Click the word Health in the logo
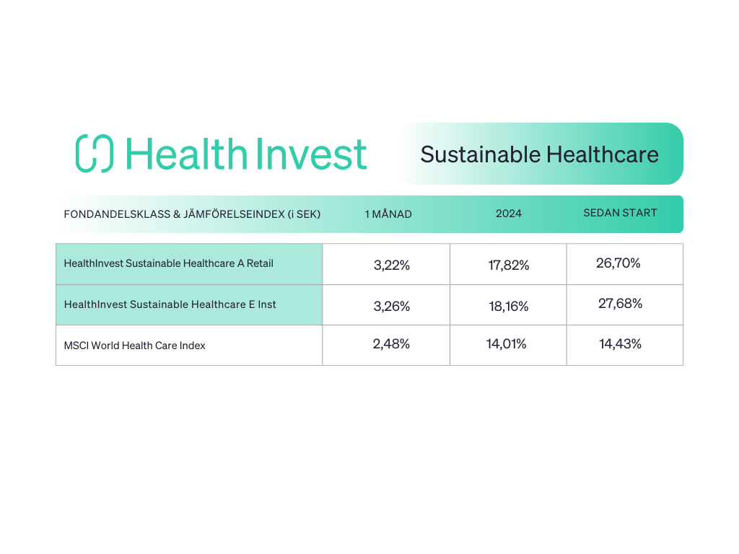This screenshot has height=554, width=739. tap(186, 154)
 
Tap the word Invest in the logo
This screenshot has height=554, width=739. tap(311, 154)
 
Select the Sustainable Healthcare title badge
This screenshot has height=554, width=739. tap(541, 154)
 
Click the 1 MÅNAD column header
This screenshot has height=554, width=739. tap(388, 214)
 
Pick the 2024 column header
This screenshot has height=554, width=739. tap(509, 214)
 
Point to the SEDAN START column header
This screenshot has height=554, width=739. tap(620, 213)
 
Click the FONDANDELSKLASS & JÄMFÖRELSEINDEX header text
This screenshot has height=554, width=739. tap(192, 214)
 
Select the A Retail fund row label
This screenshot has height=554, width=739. tap(169, 263)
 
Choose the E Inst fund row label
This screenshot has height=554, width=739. tap(170, 304)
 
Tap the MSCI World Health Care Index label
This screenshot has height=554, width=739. tap(135, 346)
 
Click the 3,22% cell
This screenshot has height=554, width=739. tap(392, 265)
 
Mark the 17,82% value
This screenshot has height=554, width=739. tap(509, 265)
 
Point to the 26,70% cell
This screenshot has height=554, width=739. tap(618, 263)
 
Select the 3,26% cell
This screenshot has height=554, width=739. tap(392, 306)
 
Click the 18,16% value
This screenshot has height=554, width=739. tap(509, 306)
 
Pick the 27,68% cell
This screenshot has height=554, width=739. tap(620, 304)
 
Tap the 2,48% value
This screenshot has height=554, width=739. tap(391, 344)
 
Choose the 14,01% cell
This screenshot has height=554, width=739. tap(506, 344)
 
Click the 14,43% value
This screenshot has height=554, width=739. tap(620, 344)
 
